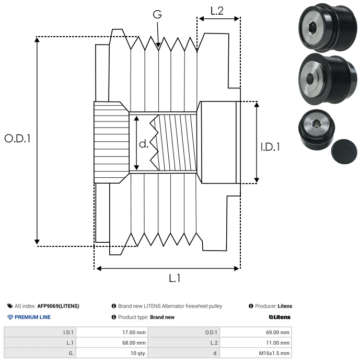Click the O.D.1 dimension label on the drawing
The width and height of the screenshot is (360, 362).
18,139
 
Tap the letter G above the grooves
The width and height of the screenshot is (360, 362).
157,15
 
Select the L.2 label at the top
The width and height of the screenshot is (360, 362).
217,11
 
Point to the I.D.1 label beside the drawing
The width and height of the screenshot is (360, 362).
270,148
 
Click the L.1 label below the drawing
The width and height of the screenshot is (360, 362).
175,278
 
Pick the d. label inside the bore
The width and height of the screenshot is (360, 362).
144,144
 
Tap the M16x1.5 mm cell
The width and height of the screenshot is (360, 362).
274,353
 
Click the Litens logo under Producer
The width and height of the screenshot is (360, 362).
279,317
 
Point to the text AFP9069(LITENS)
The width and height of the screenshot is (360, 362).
58,306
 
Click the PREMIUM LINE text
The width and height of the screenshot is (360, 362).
32,317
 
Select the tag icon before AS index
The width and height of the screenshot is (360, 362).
10,306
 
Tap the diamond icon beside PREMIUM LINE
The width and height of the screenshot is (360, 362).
10,317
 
